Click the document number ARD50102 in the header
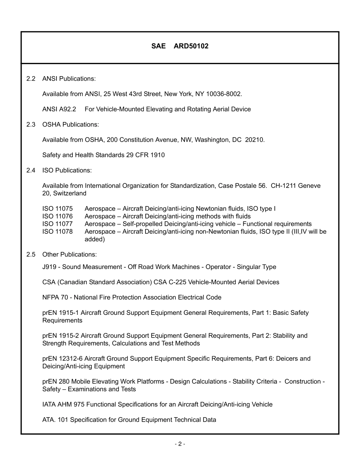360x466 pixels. pyautogui.click(x=191, y=46)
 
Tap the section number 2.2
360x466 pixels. pyautogui.click(x=31, y=79)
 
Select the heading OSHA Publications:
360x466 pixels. pyautogui.click(x=70, y=125)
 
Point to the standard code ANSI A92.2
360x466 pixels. pyautogui.click(x=59, y=109)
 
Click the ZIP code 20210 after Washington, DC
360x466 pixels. pyautogui.click(x=254, y=140)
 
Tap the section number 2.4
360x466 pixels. pyautogui.click(x=31, y=170)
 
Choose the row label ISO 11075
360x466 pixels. pyautogui.click(x=57, y=209)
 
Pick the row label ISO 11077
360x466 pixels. pyautogui.click(x=57, y=224)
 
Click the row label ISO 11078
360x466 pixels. pyautogui.click(x=57, y=231)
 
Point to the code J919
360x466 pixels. pyautogui.click(x=49, y=267)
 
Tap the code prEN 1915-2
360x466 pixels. pyautogui.click(x=61, y=336)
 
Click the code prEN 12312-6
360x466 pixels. pyautogui.click(x=62, y=359)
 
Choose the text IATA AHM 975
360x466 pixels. pyautogui.click(x=63, y=405)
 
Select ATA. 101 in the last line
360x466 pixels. pyautogui.click(x=55, y=420)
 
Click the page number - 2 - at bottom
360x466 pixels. pyautogui.click(x=180, y=444)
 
